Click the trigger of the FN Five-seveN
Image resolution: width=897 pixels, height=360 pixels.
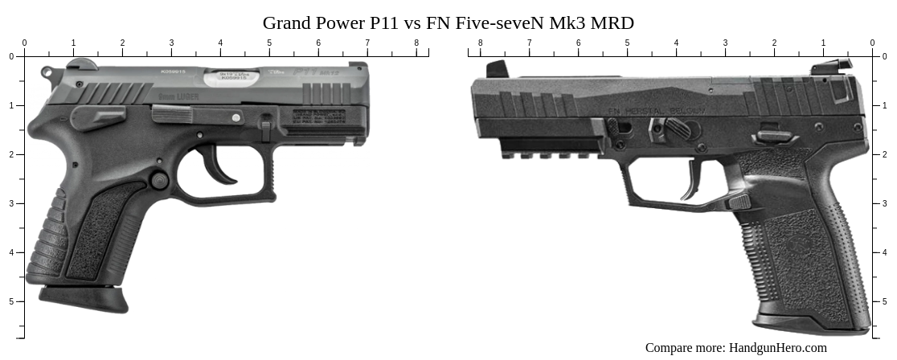(693, 181)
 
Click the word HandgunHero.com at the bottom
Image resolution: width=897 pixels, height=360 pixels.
(777, 348)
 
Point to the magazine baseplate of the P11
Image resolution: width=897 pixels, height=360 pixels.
(84, 299)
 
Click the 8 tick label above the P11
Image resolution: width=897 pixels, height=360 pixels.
(416, 43)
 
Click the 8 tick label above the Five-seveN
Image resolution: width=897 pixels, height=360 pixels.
(480, 43)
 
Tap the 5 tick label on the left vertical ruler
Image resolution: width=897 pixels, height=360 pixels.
(10, 301)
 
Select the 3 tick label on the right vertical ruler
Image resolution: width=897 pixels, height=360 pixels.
(885, 203)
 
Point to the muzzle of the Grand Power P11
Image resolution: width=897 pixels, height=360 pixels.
(366, 104)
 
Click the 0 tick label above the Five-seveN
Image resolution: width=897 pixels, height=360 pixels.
(872, 43)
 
